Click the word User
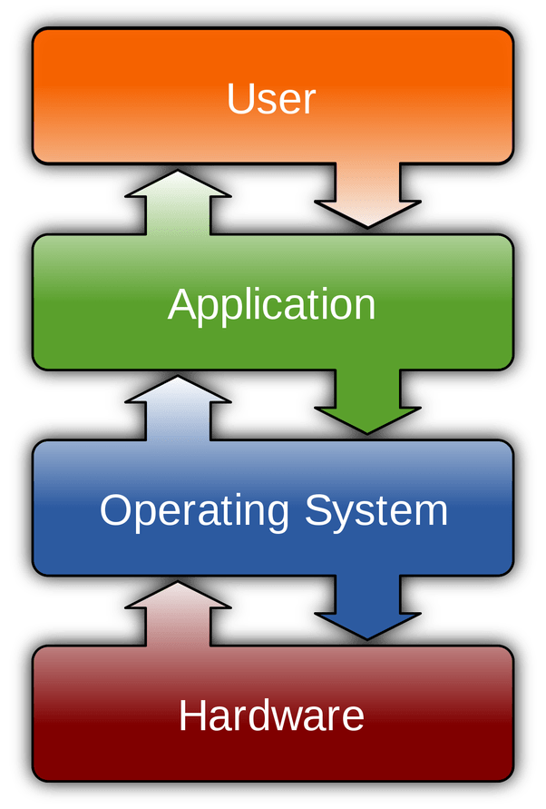tap(271, 99)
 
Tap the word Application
tap(271, 305)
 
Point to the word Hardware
tap(271, 716)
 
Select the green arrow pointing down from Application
tap(367, 403)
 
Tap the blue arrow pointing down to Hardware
tap(367, 609)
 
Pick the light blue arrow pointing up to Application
tap(178, 408)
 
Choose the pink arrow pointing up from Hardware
tap(178, 614)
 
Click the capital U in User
tap(239, 98)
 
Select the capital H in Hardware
tap(193, 715)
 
